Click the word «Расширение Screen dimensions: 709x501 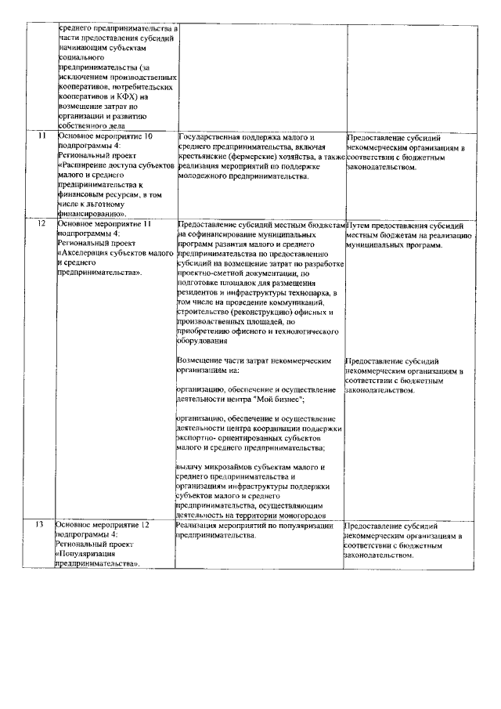click(x=88, y=166)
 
